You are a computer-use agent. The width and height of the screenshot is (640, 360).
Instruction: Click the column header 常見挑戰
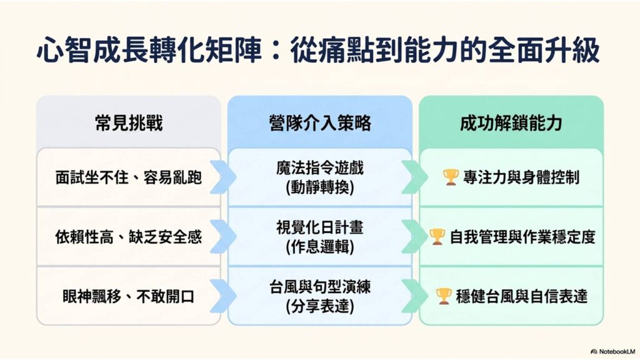tap(129, 123)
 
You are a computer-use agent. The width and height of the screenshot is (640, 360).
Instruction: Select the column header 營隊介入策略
tap(320, 123)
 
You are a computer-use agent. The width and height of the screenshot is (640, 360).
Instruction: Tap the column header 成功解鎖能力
tap(511, 123)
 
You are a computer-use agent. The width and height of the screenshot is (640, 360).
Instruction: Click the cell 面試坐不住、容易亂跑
tap(129, 177)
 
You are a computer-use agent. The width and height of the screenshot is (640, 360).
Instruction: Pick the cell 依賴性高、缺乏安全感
tap(129, 237)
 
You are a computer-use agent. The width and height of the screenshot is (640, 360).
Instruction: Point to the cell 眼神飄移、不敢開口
tap(129, 297)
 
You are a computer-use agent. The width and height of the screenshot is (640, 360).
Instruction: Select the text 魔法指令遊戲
tap(320, 168)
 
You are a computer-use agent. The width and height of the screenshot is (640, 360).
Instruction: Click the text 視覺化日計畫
tap(320, 227)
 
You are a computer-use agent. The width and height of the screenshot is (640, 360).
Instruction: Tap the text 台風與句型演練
tap(320, 287)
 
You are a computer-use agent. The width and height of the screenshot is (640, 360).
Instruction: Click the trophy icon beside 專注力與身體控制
tap(451, 177)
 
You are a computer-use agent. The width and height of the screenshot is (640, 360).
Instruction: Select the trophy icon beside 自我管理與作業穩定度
tap(437, 237)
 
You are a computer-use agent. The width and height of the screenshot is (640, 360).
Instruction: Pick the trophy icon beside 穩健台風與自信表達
tap(444, 296)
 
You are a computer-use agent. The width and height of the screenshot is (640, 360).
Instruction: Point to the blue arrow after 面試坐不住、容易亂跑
tap(224, 177)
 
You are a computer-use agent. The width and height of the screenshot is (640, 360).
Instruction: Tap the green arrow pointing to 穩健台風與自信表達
tap(415, 296)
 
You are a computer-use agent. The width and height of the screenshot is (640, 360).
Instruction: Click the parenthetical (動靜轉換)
tap(320, 187)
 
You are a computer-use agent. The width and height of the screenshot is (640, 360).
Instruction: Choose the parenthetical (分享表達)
tap(320, 307)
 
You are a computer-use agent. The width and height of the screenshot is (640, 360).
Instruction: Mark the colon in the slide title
tap(276, 51)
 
